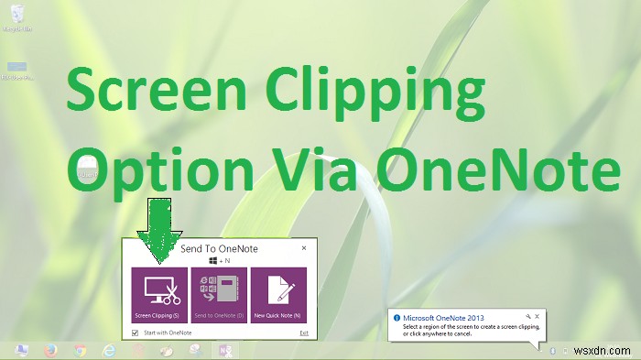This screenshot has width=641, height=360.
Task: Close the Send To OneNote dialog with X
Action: click(x=303, y=248)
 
